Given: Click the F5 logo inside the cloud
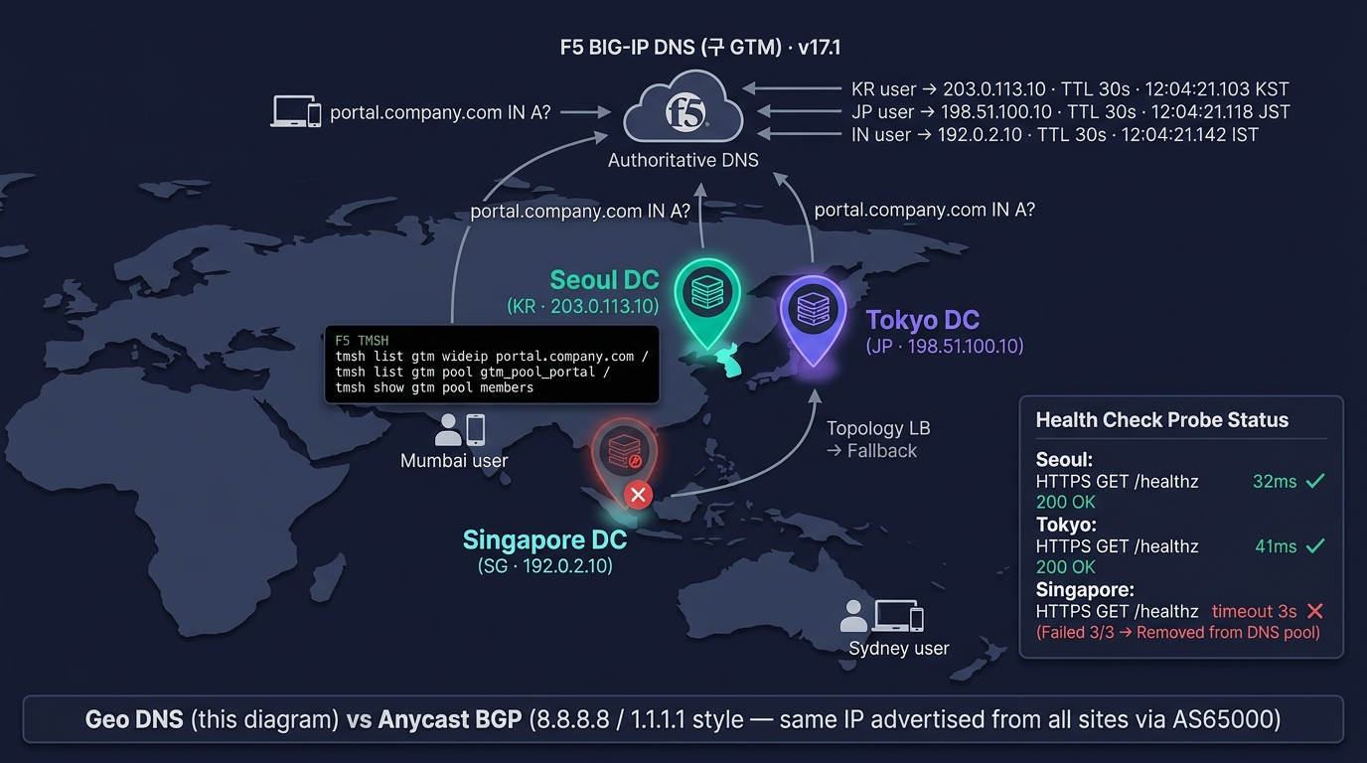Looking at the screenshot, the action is pyautogui.click(x=685, y=112).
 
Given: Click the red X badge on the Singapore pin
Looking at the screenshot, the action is pyautogui.click(x=639, y=495).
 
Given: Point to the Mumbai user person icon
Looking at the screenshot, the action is pyautogui.click(x=448, y=430).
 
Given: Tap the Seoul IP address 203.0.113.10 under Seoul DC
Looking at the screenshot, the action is pyautogui.click(x=605, y=306).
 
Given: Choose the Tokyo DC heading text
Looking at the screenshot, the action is pyautogui.click(x=922, y=320).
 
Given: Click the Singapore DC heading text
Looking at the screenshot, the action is pyautogui.click(x=545, y=539).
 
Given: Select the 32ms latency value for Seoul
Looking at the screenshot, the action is pyautogui.click(x=1275, y=482).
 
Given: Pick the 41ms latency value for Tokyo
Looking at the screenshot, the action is pyautogui.click(x=1276, y=546).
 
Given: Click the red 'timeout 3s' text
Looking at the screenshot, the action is pyautogui.click(x=1254, y=611).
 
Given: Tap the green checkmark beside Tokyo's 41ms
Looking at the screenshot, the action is pyautogui.click(x=1315, y=545).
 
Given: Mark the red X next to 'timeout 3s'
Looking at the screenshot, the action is pyautogui.click(x=1315, y=611).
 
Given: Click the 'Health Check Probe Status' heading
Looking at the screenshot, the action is pyautogui.click(x=1162, y=420).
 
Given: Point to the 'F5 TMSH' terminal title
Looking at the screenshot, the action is pyautogui.click(x=362, y=340).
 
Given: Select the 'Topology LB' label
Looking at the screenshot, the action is pyautogui.click(x=878, y=428).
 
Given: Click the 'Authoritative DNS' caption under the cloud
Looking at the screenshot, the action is pyautogui.click(x=683, y=160).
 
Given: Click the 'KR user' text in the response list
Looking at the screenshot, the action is pyautogui.click(x=883, y=89).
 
